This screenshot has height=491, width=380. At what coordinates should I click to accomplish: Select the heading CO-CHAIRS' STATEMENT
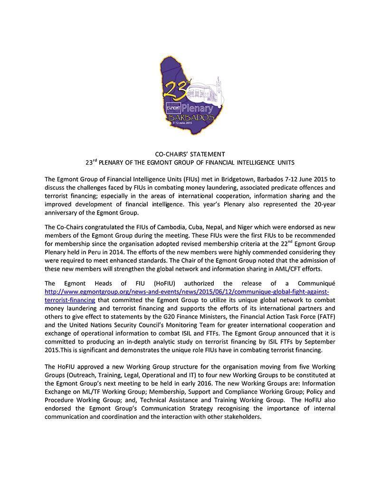[190, 154]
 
